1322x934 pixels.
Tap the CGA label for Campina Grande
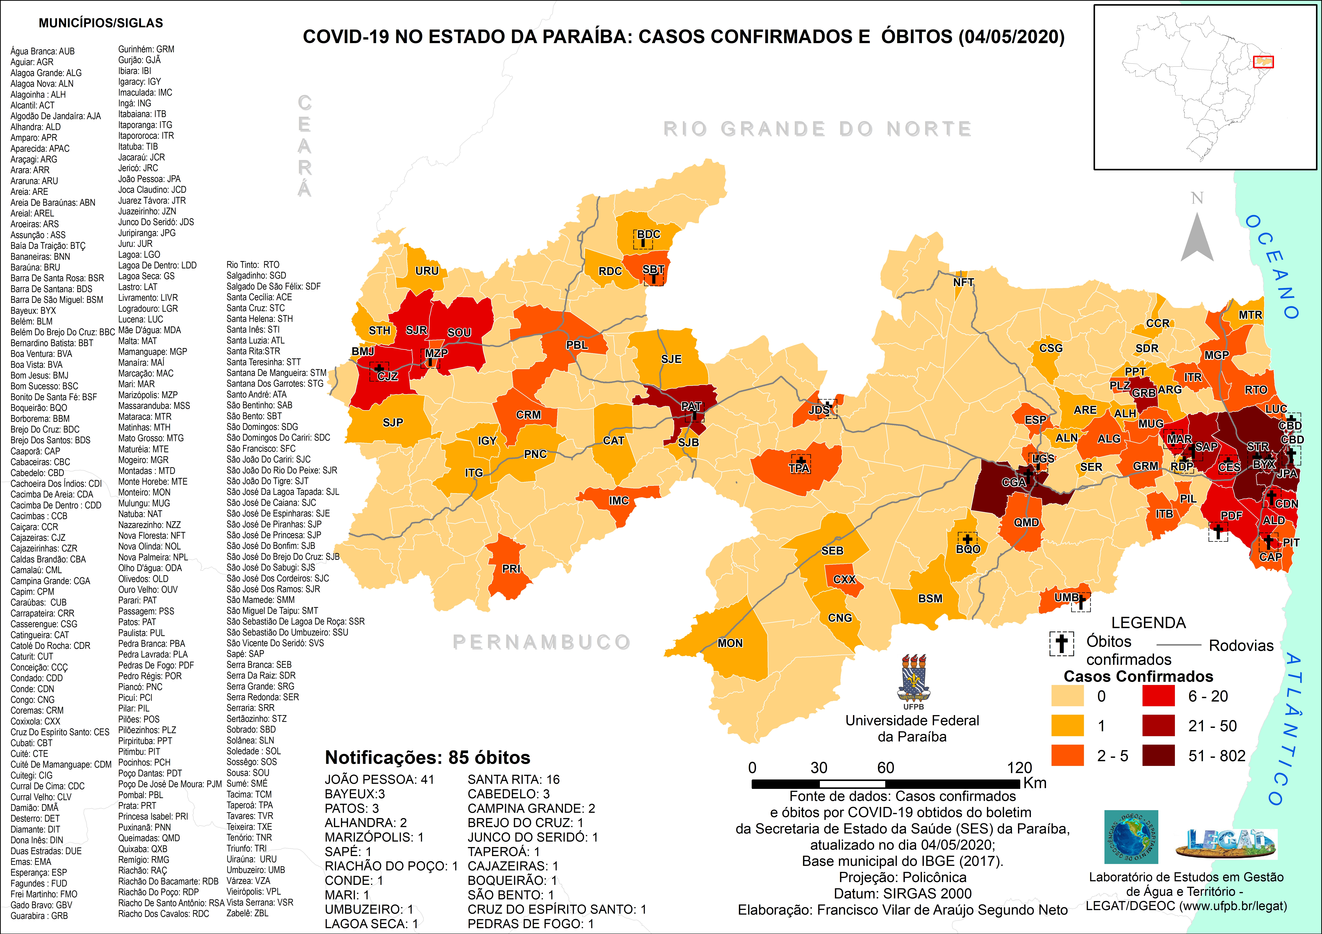[1013, 482]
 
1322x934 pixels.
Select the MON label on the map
[730, 643]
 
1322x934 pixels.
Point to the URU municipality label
[427, 270]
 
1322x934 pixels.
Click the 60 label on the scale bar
[886, 768]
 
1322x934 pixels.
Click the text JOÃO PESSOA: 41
[380, 779]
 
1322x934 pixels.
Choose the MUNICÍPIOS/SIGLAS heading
[101, 23]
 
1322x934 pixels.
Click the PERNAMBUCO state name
[541, 642]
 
